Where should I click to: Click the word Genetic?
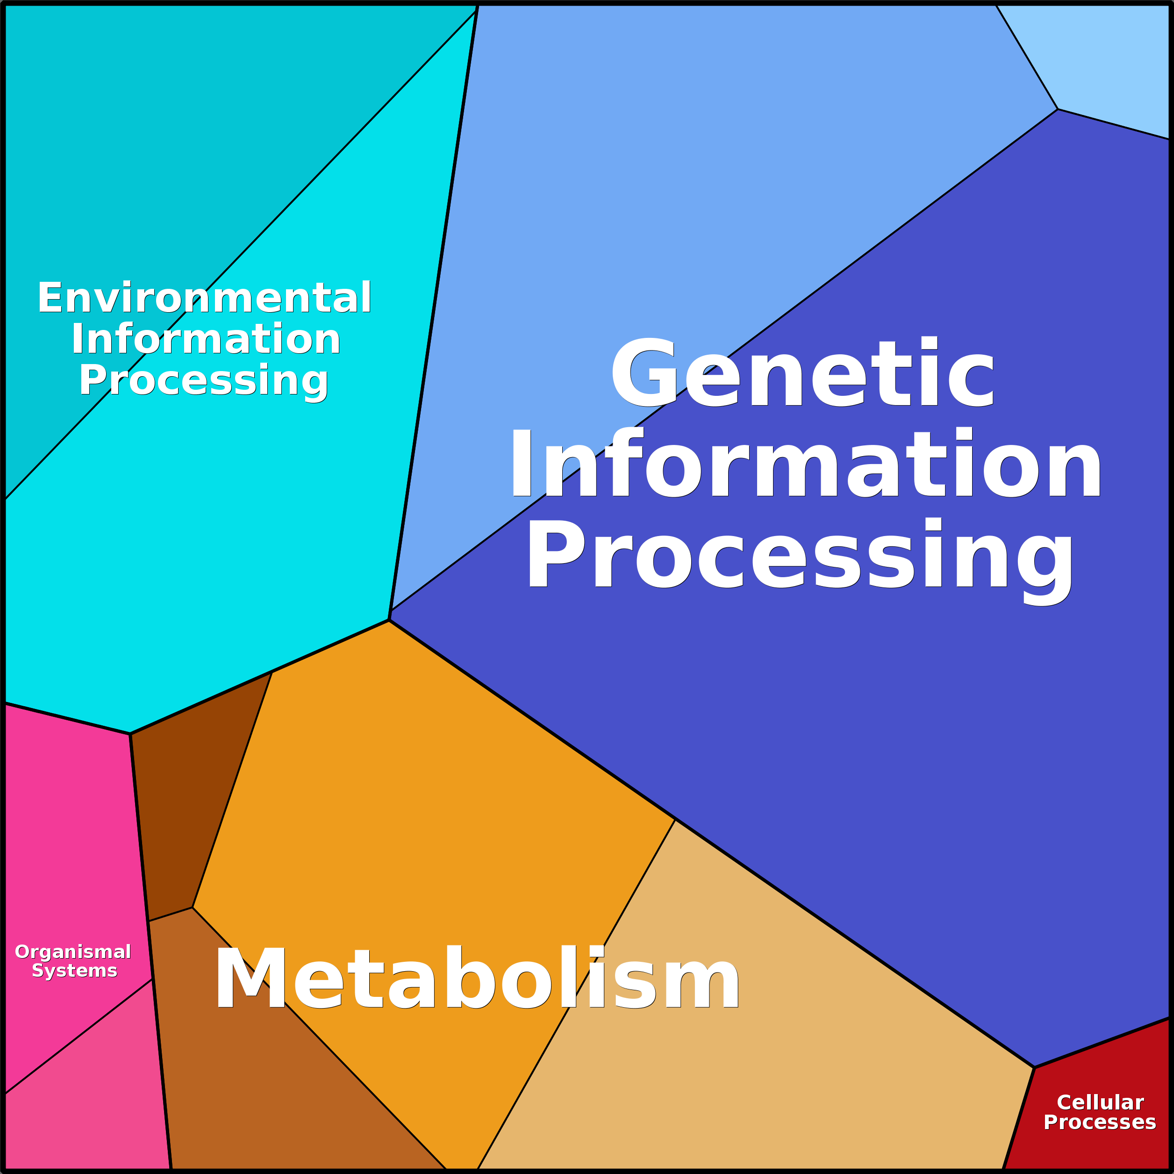tap(803, 372)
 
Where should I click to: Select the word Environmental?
tap(204, 298)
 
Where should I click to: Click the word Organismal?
tap(73, 952)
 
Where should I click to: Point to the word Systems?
tap(74, 970)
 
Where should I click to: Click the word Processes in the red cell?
tap(1099, 1122)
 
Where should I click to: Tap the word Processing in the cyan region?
tap(204, 381)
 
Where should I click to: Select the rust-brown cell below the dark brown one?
tap(261, 1069)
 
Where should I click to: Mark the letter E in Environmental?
tap(50, 298)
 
